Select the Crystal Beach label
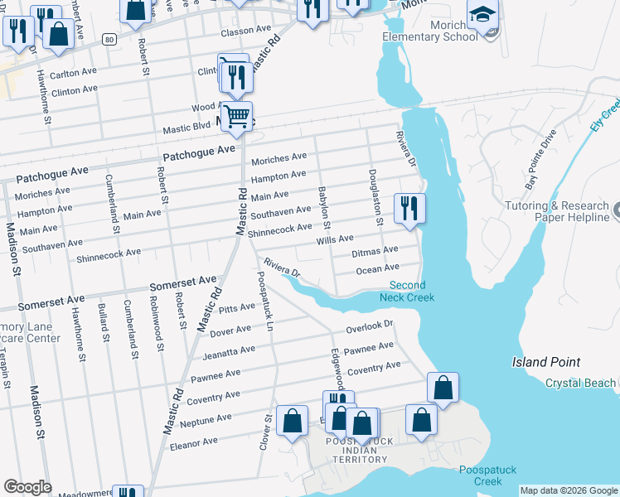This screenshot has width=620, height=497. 580,383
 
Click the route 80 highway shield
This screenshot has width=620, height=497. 109,39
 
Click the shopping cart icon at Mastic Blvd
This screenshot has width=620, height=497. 237,116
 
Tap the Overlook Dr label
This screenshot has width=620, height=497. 369,326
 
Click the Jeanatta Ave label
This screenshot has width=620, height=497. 230,351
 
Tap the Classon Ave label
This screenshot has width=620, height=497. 245,29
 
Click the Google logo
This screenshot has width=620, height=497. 27,487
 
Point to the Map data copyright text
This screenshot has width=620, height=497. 568,490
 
